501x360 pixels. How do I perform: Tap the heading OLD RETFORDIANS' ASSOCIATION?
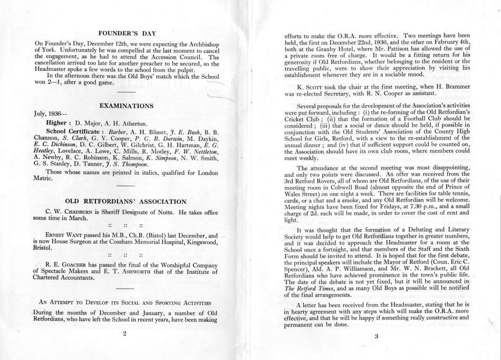pos(124,201)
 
